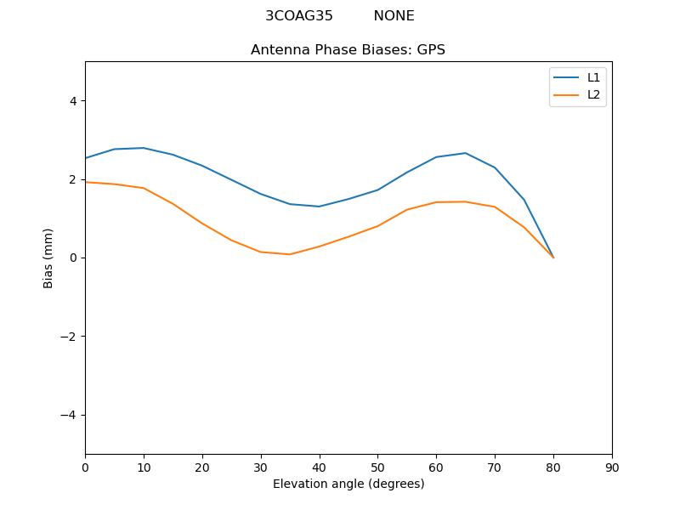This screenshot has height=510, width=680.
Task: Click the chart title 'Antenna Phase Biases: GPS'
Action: click(x=348, y=49)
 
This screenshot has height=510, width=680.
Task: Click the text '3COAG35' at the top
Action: click(x=298, y=15)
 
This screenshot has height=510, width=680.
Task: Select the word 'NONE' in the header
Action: click(x=394, y=15)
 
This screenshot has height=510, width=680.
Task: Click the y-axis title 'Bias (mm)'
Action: click(x=48, y=258)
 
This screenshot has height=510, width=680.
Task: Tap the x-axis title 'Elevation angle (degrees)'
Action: click(x=348, y=484)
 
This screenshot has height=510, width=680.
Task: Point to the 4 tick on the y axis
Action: click(x=72, y=100)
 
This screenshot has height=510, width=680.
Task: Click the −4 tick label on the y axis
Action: click(x=69, y=415)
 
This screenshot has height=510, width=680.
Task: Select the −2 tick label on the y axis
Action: click(x=69, y=336)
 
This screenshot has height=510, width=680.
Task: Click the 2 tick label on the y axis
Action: click(x=72, y=179)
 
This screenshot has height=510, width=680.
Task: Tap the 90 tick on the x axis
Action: click(x=612, y=467)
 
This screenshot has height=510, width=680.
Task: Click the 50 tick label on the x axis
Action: click(x=377, y=467)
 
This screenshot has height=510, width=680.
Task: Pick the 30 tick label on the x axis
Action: click(x=261, y=467)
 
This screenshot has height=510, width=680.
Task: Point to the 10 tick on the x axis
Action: click(x=144, y=467)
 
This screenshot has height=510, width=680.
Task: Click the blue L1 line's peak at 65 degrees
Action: click(x=465, y=153)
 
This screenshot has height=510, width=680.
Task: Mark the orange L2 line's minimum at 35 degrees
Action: click(x=290, y=254)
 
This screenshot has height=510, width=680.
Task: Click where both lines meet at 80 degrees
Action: click(x=553, y=258)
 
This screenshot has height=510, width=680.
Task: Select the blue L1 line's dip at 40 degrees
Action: click(x=319, y=207)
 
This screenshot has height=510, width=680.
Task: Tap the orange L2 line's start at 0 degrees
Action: click(x=86, y=182)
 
